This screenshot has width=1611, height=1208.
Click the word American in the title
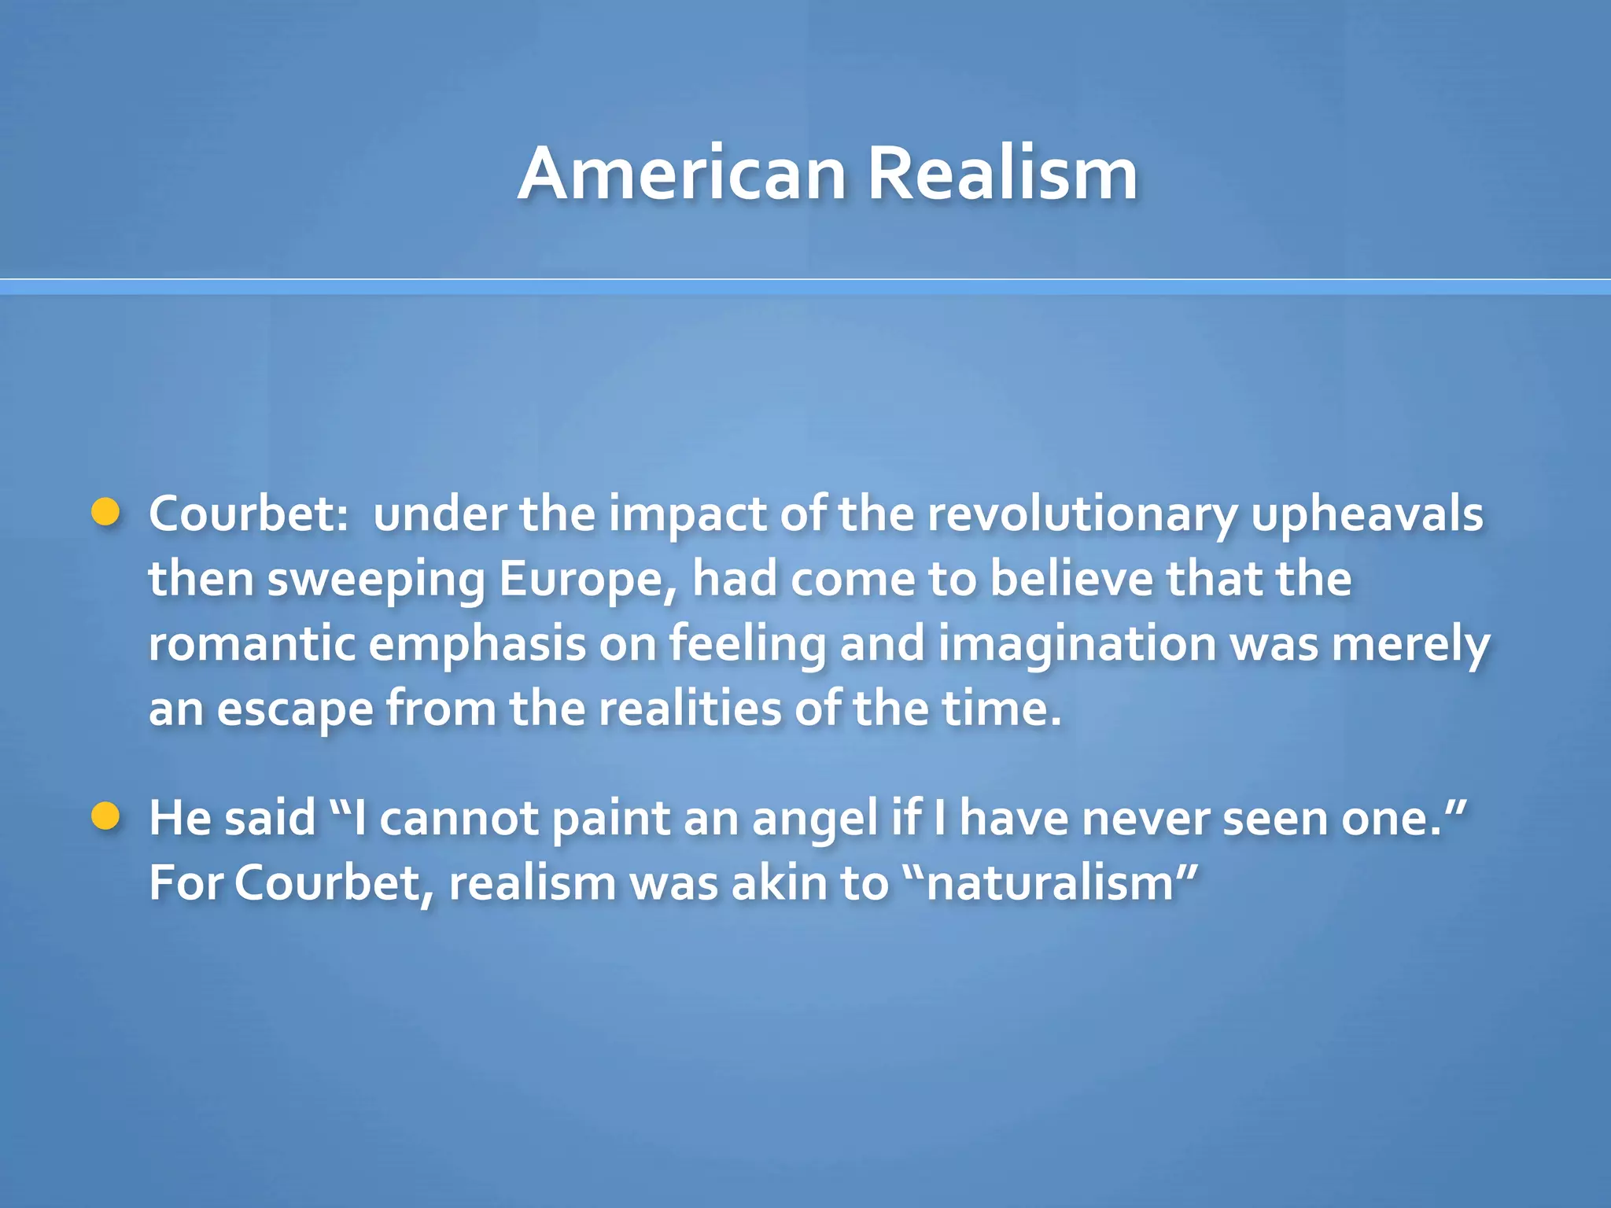tap(681, 175)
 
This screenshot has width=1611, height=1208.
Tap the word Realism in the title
tap(1002, 175)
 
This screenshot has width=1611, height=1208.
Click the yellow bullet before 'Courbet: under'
tap(105, 513)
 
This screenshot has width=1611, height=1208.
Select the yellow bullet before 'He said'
tap(105, 817)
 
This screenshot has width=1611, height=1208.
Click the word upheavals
tap(1366, 515)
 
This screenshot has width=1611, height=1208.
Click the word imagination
tap(1077, 644)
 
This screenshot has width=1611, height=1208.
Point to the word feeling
tap(747, 644)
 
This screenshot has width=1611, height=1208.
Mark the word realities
tap(690, 709)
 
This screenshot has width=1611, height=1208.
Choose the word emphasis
tap(477, 644)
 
